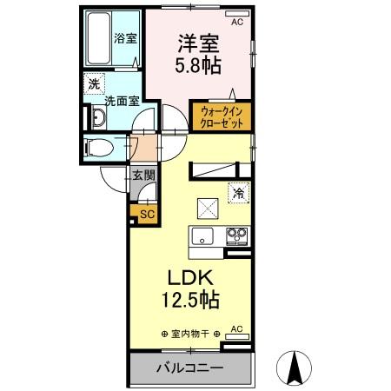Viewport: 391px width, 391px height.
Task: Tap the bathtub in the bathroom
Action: coord(99,39)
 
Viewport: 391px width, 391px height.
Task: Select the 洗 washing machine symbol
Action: coord(92,85)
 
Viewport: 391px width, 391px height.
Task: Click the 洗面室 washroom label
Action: coord(122,101)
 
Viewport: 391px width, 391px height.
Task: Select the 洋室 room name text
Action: coord(198,40)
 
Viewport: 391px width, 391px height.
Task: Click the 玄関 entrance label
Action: coord(143,174)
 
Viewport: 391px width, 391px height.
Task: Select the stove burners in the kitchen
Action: coord(236,234)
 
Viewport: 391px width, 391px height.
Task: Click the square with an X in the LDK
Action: coord(207,209)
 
